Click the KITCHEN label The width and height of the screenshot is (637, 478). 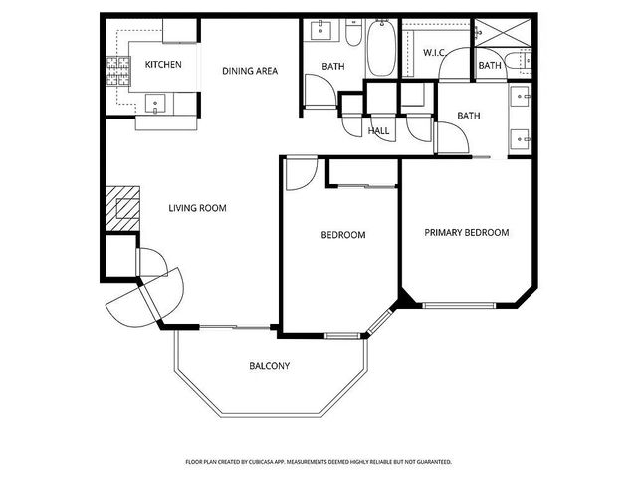(x=163, y=65)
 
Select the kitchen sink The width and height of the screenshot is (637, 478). (x=154, y=102)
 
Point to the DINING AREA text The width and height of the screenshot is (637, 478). (x=249, y=71)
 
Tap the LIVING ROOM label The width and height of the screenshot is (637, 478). (x=197, y=208)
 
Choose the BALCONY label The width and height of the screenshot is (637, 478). (x=269, y=366)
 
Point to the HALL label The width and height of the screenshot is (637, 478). (x=378, y=130)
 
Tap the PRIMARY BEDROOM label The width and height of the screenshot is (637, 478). (x=466, y=232)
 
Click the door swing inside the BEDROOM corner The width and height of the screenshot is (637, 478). (x=297, y=175)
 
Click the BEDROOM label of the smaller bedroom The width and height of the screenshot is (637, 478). (x=342, y=235)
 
